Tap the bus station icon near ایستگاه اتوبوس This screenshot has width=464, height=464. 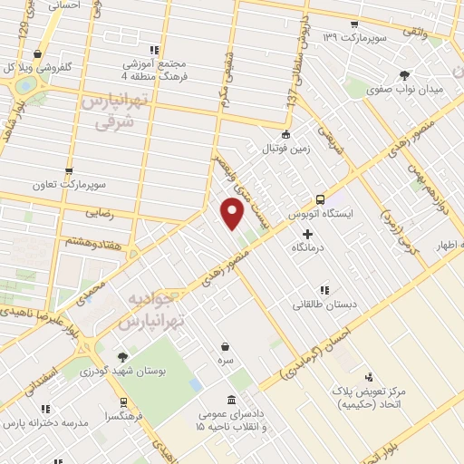tap(319, 199)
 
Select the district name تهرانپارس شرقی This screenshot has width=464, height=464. tap(109, 109)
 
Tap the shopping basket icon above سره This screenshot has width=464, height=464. tap(224, 346)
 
